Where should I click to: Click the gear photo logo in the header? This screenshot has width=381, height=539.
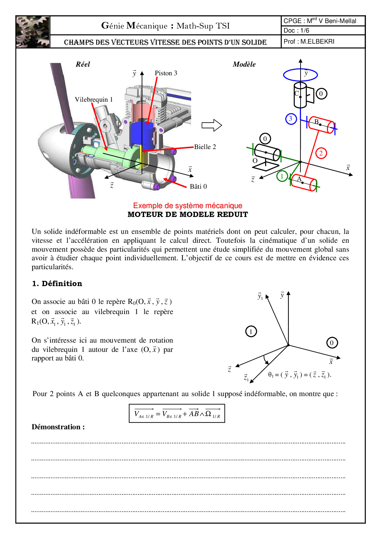33,32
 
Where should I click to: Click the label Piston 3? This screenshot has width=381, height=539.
166,73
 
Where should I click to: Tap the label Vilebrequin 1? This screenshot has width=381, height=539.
94,100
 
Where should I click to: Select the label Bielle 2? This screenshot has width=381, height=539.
205,147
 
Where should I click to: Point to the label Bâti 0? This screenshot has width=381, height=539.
198,187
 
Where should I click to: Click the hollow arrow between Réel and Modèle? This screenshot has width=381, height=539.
212,125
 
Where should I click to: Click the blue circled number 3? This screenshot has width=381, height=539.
291,119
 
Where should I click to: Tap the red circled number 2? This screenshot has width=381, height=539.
321,153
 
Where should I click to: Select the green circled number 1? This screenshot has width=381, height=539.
282,176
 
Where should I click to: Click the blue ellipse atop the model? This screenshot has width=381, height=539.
300,75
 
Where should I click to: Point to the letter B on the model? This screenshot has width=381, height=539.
316,122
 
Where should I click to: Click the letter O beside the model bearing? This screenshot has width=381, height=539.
255,161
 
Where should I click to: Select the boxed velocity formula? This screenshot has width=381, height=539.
177,414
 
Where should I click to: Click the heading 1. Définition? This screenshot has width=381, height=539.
57,284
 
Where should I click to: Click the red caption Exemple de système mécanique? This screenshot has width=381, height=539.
187,206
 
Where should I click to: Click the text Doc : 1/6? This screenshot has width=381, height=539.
296,30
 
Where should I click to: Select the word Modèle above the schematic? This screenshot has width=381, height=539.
244,64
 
